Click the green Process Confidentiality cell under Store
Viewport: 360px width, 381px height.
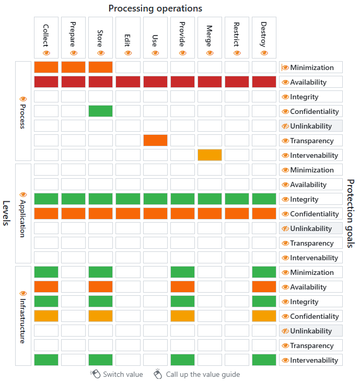[x=100, y=111]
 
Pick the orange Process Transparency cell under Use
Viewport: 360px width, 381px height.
[x=155, y=141]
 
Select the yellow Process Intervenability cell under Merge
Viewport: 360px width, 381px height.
[x=210, y=155]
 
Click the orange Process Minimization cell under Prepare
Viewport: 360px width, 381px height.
[x=73, y=67]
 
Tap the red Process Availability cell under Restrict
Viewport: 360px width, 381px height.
[x=237, y=82]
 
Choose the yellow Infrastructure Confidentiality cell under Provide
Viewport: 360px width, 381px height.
[x=182, y=316]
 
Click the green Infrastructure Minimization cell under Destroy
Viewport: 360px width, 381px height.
[x=264, y=272]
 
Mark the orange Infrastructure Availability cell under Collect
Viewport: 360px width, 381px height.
[x=46, y=287]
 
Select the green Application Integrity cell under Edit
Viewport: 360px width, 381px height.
[x=127, y=199]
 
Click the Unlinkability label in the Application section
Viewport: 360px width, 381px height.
[x=310, y=228]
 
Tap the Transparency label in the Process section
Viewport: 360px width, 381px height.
[x=311, y=141]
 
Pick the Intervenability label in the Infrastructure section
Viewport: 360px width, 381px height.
[x=313, y=360]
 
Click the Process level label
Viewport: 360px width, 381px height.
[x=23, y=111]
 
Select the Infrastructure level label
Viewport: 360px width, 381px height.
[x=23, y=316]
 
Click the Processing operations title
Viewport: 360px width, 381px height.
[x=155, y=8]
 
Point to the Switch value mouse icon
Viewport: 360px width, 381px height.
[x=95, y=374]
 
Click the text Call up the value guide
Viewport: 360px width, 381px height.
[x=203, y=374]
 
